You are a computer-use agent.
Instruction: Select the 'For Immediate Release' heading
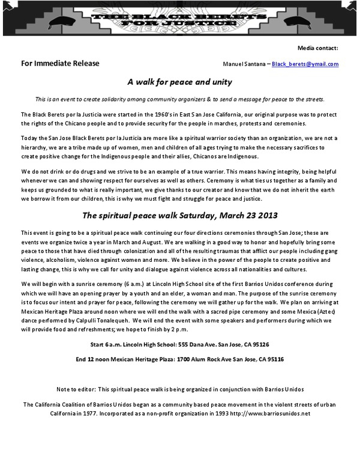[60, 64]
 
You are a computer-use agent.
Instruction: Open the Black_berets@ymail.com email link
[305, 64]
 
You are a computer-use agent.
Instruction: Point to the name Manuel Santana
[243, 64]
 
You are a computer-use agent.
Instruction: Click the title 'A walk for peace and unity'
[179, 81]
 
